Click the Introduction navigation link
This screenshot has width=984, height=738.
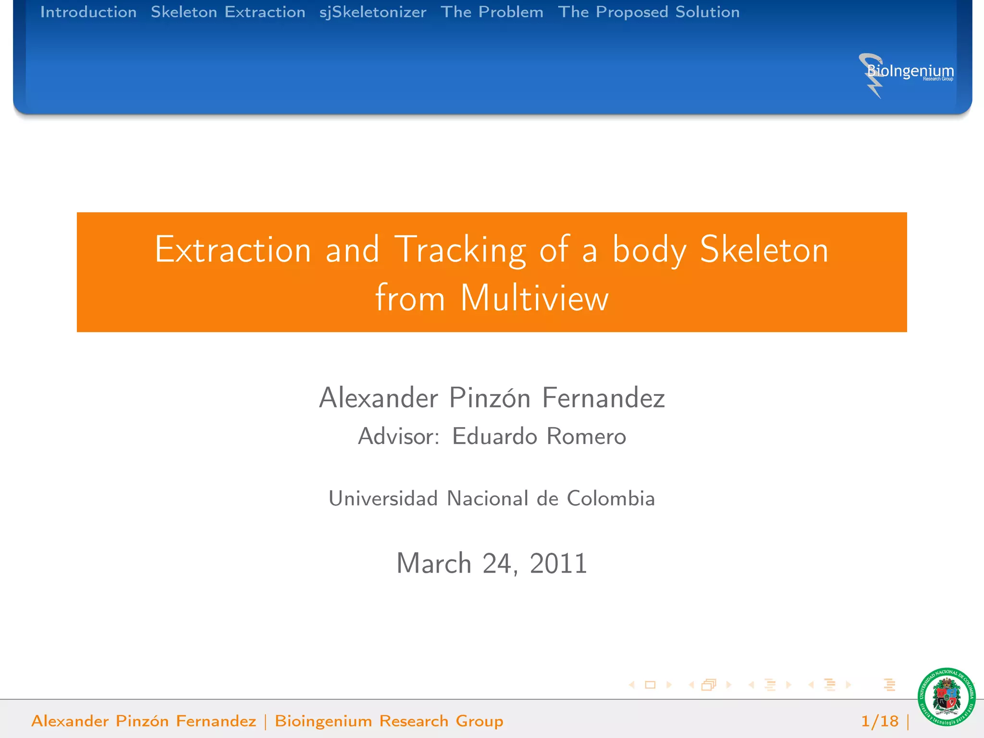[88, 12]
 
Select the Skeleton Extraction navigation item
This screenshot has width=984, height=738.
[228, 12]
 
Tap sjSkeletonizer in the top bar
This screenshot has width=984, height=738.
[373, 12]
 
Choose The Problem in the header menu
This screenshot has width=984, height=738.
[492, 12]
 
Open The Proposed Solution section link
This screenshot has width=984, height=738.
[649, 12]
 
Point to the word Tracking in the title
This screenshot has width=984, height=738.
[460, 250]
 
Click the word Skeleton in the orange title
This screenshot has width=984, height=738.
[764, 250]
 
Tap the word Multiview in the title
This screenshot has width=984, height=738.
[534, 298]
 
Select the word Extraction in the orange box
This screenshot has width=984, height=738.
[233, 250]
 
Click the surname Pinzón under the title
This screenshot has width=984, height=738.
[490, 398]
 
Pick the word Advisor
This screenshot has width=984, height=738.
[398, 436]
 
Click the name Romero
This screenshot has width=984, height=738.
[586, 436]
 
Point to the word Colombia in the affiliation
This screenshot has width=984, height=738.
[611, 498]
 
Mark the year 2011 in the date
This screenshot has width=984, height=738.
[558, 563]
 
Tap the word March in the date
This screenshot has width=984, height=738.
[434, 563]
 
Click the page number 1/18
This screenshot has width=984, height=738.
[879, 721]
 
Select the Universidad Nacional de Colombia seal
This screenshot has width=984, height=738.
[946, 697]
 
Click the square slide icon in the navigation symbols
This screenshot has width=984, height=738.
[650, 685]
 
